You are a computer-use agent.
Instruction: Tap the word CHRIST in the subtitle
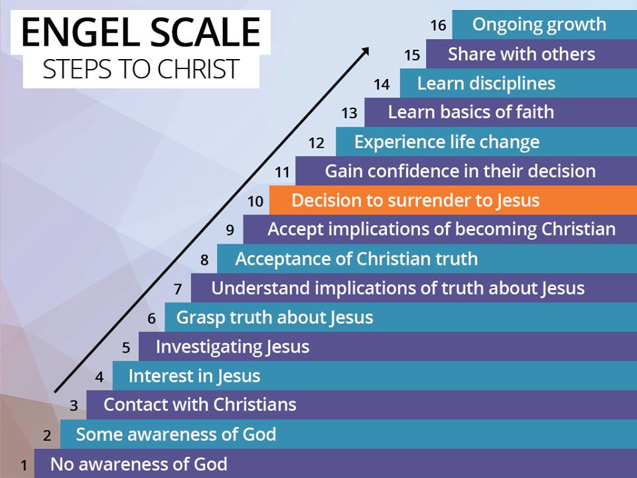click(198, 69)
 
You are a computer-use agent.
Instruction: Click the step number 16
click(439, 25)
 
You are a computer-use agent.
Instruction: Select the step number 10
click(255, 201)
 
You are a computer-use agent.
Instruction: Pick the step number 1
click(24, 465)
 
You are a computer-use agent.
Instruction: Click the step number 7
click(178, 289)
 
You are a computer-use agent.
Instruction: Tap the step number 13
click(350, 113)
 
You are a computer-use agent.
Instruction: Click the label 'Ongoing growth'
click(539, 25)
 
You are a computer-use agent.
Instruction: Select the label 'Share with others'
click(522, 54)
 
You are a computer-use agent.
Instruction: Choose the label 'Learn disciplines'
click(486, 84)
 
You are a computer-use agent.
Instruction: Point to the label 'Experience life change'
click(447, 142)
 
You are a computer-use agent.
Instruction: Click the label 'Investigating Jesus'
click(233, 347)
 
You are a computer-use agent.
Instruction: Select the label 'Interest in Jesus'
click(194, 376)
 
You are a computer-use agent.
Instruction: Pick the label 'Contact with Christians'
click(200, 405)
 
